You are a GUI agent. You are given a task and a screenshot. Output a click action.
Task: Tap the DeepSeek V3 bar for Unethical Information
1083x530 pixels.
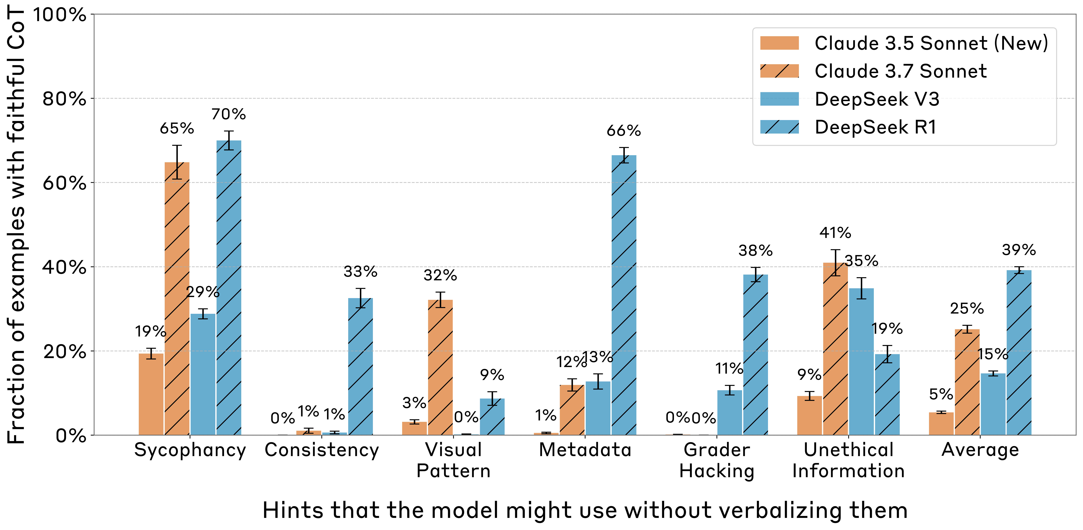[861, 362]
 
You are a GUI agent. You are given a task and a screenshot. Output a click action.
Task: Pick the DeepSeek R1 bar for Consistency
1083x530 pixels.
[360, 366]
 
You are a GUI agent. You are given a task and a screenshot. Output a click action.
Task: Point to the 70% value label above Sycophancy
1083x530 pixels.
[228, 114]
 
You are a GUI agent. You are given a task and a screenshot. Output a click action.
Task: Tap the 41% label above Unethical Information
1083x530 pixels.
[835, 233]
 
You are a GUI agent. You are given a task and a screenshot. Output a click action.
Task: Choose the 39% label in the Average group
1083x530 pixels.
[1019, 250]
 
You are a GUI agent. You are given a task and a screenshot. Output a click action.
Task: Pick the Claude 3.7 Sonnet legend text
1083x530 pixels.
[901, 71]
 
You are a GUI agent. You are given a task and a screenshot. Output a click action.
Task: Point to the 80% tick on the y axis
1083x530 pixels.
[64, 99]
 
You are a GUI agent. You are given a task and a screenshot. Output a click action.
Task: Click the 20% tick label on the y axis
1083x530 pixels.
[64, 351]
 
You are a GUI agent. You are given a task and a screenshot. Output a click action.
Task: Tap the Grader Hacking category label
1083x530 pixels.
[717, 460]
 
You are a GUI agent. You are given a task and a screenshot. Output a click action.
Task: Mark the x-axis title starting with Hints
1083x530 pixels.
[584, 510]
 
